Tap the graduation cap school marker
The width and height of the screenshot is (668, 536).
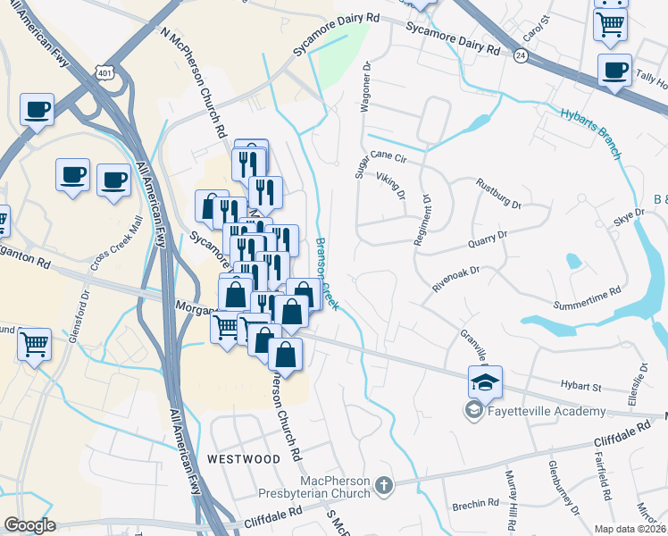[x=485, y=383]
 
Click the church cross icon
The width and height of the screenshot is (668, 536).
[x=384, y=487]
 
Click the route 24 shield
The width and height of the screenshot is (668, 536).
[x=520, y=55]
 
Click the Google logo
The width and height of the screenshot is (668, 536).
[x=29, y=525]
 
